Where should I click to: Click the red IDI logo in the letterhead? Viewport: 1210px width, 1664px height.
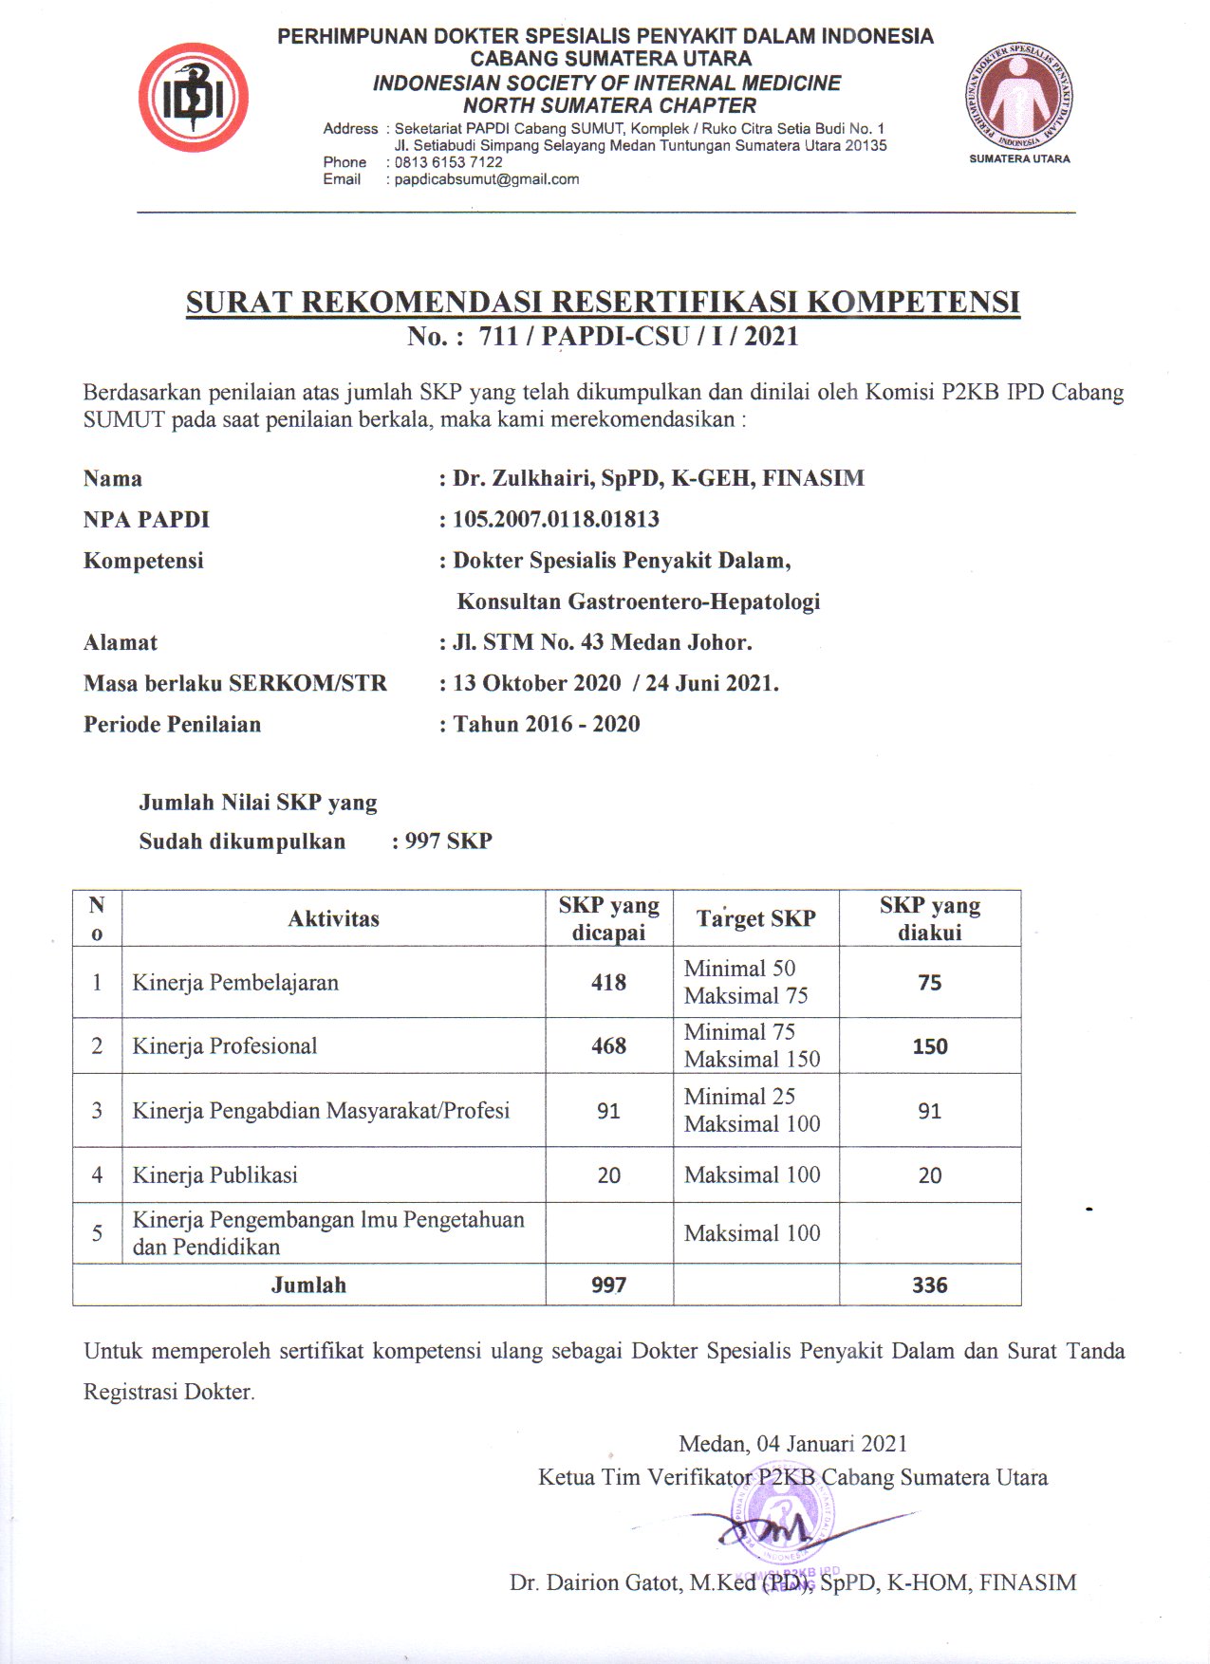194,98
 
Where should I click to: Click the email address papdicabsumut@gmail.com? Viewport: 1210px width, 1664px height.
486,179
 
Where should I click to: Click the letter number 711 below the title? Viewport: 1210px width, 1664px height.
498,337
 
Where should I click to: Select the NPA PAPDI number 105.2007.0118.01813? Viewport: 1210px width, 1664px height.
555,520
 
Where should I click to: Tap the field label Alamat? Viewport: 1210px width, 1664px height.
121,643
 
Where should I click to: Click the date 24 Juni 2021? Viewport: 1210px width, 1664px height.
711,684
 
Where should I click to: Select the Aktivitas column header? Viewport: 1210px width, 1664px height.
333,918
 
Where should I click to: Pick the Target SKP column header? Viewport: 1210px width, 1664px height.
755,918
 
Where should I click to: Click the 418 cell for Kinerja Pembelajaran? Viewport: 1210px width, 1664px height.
608,983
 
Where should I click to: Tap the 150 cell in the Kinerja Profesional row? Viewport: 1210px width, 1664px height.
929,1046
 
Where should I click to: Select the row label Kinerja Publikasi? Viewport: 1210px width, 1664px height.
214,1175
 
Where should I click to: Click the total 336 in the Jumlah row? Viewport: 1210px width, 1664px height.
929,1285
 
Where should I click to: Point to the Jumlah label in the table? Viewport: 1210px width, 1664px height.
308,1285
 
